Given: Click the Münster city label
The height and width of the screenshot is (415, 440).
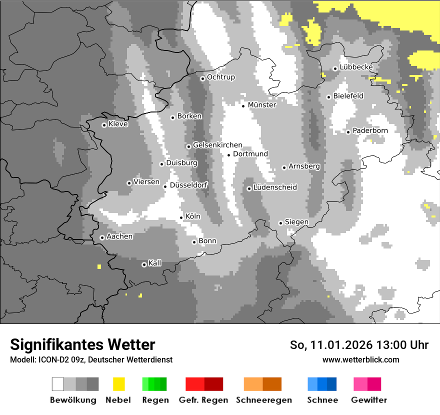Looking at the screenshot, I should tap(262, 105).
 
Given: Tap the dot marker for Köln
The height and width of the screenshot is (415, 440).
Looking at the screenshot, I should tap(181, 217).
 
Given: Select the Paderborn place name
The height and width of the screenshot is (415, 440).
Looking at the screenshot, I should tap(370, 130).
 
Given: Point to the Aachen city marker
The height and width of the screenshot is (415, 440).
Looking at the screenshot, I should tap(102, 237).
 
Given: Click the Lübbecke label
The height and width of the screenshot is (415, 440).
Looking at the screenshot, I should tap(356, 67).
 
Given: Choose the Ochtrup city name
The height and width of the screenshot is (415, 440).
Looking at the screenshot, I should tap(220, 77).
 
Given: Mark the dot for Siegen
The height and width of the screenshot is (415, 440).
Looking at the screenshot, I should tap(281, 223).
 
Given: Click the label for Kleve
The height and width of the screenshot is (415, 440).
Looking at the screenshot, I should tap(118, 124).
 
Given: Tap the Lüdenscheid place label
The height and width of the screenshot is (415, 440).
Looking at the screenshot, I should tap(275, 187).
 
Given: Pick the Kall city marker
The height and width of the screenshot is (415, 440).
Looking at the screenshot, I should tap(144, 264).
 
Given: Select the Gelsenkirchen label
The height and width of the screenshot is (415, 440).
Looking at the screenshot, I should tap(217, 145).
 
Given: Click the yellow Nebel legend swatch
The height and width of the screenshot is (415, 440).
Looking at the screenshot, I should tap(118, 384).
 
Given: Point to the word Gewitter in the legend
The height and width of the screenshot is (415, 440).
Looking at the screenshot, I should tap(369, 400).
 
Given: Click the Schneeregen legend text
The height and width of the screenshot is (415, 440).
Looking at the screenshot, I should tap(264, 400).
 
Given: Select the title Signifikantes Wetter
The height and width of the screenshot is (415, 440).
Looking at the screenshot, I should tap(82, 344).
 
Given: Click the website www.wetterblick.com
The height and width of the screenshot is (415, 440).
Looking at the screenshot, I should tap(360, 359).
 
